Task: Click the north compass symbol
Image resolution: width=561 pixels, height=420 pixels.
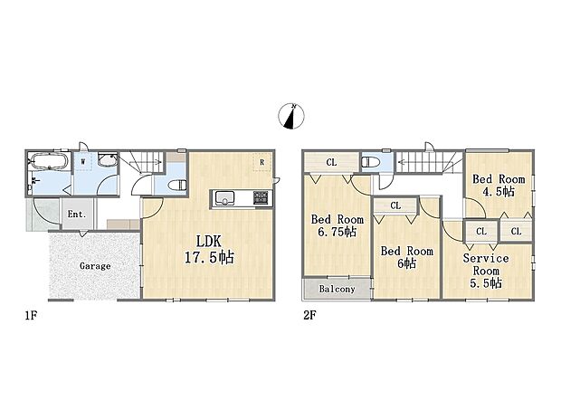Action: point(291,116)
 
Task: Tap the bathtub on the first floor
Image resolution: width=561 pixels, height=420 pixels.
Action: point(49,161)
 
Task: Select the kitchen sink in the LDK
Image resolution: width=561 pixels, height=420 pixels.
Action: point(224,198)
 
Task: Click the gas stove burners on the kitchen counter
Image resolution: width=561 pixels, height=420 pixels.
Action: point(261,197)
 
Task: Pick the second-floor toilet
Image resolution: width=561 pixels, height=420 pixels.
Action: point(368,163)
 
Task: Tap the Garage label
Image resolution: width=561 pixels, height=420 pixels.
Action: point(95,266)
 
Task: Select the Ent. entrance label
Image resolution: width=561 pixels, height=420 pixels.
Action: point(77,215)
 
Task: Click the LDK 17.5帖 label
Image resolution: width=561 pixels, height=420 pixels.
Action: point(209,249)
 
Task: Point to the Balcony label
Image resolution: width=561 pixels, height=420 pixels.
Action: point(337,289)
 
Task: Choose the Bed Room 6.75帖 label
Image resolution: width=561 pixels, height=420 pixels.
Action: point(337,225)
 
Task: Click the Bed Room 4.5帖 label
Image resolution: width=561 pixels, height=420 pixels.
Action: point(499,186)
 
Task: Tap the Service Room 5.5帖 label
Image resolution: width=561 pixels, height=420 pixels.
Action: point(486,271)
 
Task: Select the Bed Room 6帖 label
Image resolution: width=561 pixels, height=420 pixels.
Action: point(407,257)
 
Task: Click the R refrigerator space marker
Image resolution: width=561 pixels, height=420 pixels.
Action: point(261,162)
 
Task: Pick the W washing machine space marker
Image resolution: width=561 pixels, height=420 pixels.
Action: point(83,161)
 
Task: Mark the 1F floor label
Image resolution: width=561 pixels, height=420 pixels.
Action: point(31,315)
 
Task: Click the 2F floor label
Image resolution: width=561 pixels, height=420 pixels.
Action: point(309,315)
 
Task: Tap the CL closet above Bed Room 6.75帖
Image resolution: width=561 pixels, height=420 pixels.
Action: point(332,163)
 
